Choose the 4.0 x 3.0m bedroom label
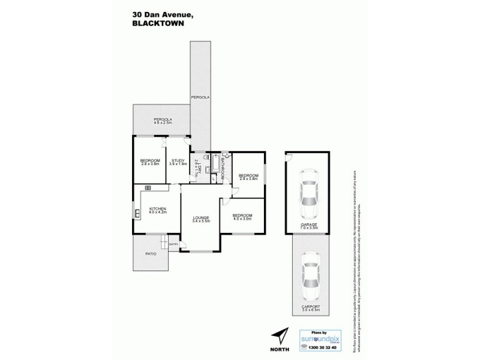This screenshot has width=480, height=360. (x=242, y=217)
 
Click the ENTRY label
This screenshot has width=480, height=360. (x=174, y=244)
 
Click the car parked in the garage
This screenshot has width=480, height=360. (x=310, y=193)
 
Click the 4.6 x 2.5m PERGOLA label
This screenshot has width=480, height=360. (x=163, y=121)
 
